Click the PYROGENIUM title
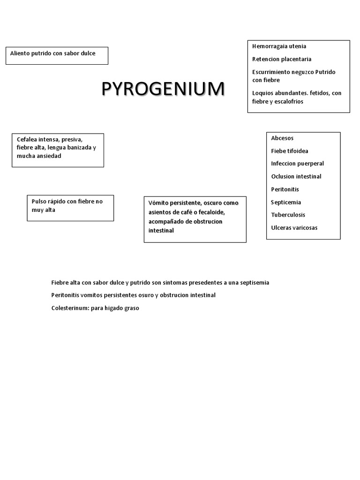[x=163, y=89]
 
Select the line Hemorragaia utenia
[x=279, y=46]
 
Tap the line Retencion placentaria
[x=282, y=59]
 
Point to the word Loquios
[x=263, y=93]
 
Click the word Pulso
[x=39, y=202]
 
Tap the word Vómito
[x=159, y=203]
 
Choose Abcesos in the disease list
[x=282, y=138]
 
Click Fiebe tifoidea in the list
[x=290, y=151]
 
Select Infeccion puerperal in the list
[x=297, y=164]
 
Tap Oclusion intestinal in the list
[x=296, y=176]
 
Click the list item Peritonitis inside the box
[x=285, y=189]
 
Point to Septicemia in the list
[x=286, y=202]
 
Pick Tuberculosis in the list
[x=288, y=215]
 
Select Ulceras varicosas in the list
[x=294, y=228]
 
